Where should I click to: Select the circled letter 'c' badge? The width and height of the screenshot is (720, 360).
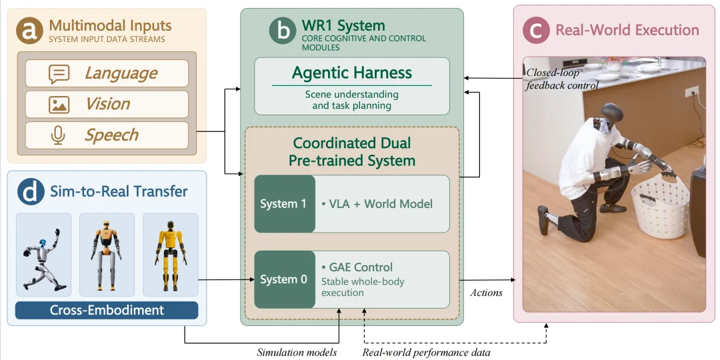[x=536, y=30]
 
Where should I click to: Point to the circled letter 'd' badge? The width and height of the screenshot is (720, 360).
[x=31, y=191]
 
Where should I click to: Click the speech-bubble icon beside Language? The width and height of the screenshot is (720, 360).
[x=59, y=74]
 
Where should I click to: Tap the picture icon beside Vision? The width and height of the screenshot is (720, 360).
[x=59, y=105]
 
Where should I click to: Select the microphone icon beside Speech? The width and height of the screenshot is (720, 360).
[x=58, y=135]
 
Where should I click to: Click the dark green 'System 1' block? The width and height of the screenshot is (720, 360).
[x=285, y=204]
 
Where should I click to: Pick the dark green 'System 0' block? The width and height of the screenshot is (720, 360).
[x=285, y=279]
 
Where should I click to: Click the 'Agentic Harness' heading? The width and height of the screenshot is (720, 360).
[x=352, y=73]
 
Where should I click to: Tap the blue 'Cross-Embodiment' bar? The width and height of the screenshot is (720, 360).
[x=107, y=310]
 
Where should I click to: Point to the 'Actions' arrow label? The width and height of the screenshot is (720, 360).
[x=486, y=293]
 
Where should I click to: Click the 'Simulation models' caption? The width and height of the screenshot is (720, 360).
[x=297, y=352]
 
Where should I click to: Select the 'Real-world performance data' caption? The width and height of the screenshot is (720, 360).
[x=427, y=352]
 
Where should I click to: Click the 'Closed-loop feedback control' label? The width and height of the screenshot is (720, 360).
[x=562, y=79]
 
